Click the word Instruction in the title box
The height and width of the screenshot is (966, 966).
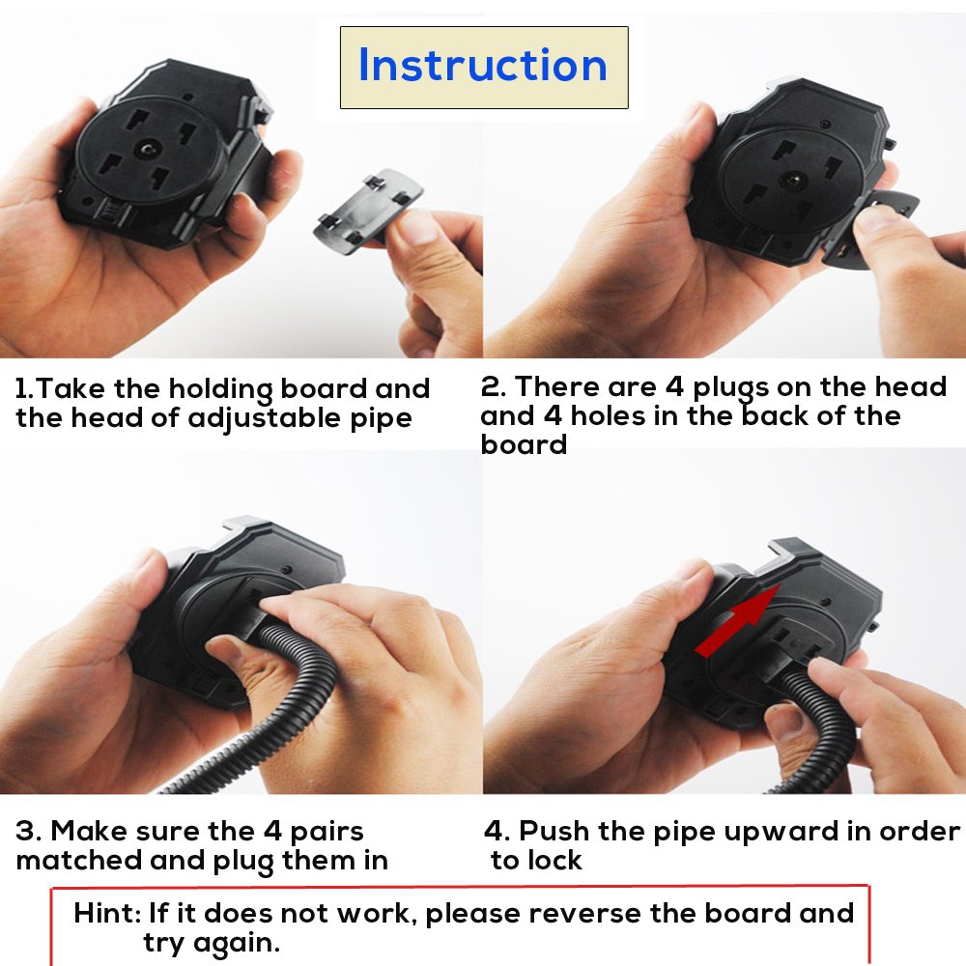tap(483, 65)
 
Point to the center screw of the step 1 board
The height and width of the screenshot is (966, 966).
tap(149, 149)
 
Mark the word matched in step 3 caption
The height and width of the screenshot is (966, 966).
tap(79, 860)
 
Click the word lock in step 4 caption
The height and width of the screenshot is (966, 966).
tap(554, 860)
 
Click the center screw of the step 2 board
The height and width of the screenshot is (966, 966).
tap(793, 181)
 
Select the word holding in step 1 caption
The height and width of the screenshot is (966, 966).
tap(220, 390)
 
